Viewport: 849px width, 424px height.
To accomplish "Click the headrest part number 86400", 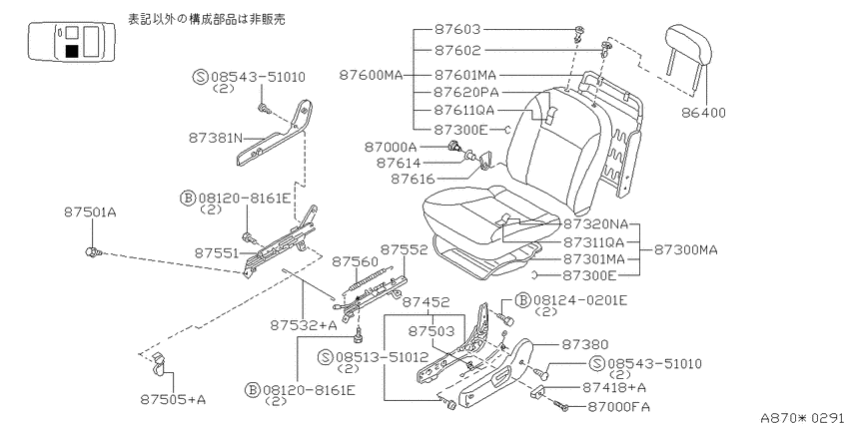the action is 703,113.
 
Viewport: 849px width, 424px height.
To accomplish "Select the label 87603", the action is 457,29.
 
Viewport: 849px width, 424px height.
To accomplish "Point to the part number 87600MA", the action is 371,75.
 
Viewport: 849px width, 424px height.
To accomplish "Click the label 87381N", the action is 216,138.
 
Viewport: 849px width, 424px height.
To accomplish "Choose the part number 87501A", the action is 90,212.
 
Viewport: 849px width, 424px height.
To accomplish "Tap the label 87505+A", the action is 173,400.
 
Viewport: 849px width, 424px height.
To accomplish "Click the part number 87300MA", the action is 685,249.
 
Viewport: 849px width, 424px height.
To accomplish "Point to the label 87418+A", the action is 614,387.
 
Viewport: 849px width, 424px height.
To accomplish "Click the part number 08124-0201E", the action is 580,300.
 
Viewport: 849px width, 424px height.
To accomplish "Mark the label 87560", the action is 355,261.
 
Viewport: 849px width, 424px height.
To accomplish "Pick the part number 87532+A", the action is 304,325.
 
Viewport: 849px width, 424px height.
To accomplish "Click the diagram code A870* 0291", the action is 805,417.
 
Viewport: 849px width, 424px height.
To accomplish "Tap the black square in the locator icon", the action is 72,51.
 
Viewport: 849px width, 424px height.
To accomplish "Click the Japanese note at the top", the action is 207,19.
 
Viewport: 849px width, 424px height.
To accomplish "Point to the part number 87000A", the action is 391,146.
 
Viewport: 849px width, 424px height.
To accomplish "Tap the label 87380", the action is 584,344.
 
